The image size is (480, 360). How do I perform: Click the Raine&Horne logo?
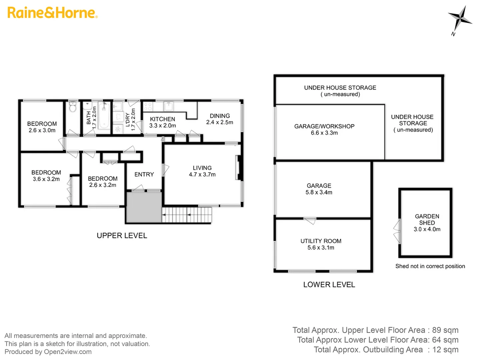pos(52,13)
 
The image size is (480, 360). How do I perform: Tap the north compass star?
pos(459,18)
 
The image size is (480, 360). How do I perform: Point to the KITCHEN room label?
pos(162,119)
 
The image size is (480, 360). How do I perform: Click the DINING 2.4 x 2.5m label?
pos(220,119)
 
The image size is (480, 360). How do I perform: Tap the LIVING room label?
pos(202,171)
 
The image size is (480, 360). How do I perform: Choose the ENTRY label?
pos(144,174)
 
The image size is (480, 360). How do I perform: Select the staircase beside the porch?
pos(187,215)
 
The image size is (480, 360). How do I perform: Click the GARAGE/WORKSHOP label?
pos(324,129)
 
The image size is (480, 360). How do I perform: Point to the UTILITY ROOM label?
pos(321,244)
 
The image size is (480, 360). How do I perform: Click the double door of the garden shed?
pos(397,231)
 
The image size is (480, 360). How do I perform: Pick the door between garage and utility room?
pos(310,220)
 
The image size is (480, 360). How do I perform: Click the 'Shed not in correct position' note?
pos(430,266)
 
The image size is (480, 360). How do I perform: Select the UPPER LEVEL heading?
pos(122,236)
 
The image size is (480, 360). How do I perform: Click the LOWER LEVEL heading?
pos(329,285)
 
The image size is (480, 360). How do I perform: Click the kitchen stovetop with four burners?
pos(148,107)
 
